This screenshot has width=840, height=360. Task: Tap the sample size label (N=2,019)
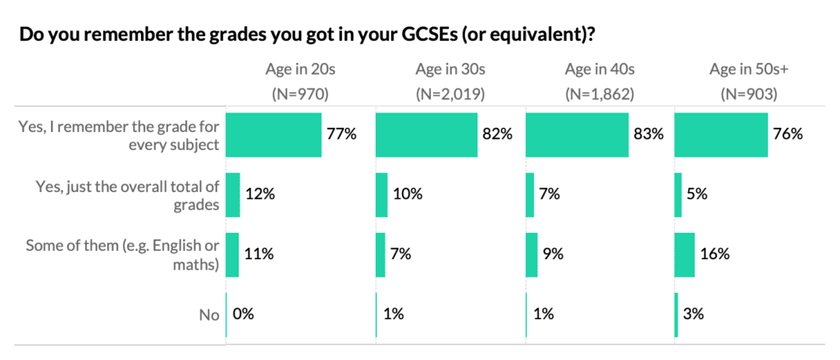coord(450,93)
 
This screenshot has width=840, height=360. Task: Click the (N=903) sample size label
coord(749,93)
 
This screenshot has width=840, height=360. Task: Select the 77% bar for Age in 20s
coord(273,134)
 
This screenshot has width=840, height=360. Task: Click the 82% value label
coord(497,134)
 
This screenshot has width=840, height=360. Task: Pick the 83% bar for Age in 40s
coord(577,134)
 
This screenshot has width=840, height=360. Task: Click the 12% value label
coord(260,194)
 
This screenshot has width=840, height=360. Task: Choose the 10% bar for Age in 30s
coord(381,194)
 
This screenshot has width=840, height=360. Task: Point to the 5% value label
coord(697,194)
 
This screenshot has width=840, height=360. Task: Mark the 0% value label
coord(244,313)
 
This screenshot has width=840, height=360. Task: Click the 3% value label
coord(694,313)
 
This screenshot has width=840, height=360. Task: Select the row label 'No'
coord(210,314)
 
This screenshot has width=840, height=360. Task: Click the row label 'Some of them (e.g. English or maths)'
coord(123,254)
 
